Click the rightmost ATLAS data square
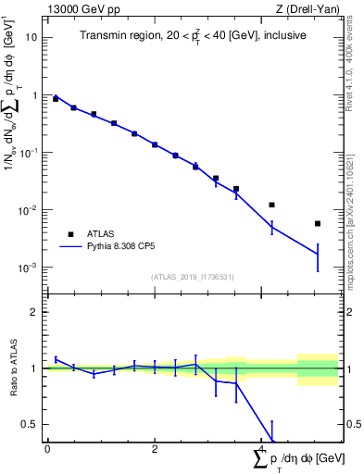pos(318,223)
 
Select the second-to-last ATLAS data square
pos(271,205)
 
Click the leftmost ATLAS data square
pos(56,98)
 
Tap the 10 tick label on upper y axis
pos(32,38)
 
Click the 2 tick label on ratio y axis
pos(34,312)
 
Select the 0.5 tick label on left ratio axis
pos(31,425)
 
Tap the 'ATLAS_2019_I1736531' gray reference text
pos(192,277)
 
